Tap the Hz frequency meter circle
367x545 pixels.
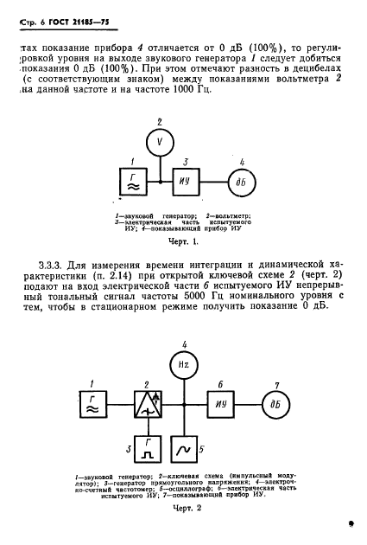pyautogui.click(x=182, y=366)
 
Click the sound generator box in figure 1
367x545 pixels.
pyautogui.click(x=131, y=181)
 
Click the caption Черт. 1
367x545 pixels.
pyautogui.click(x=183, y=242)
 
